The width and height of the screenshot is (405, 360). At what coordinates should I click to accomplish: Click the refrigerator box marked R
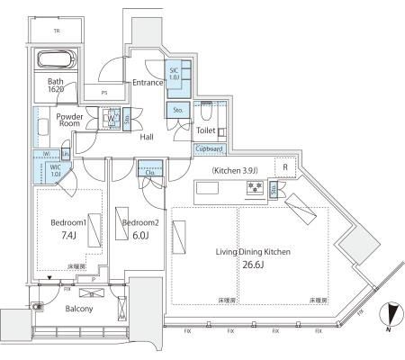coord(284,168)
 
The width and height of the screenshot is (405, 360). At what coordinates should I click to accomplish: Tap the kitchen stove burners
coord(254,188)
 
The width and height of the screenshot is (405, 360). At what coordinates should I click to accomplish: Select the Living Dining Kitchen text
coord(253,252)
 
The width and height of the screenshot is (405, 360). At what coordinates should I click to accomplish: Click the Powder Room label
coord(69,121)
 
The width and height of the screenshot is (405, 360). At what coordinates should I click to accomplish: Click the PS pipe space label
coord(105,92)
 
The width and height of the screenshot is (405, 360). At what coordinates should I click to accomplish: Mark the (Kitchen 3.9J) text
coord(236,170)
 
